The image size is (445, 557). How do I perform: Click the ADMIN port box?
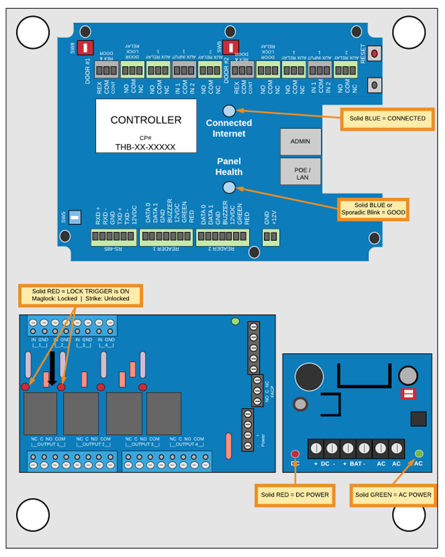point(300,142)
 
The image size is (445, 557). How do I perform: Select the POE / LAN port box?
point(300,172)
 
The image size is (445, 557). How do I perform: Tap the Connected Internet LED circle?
point(229,111)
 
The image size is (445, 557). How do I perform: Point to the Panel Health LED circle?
point(229,189)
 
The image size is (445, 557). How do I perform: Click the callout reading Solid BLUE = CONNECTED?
point(387,118)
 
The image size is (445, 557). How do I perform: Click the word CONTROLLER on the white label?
point(146,120)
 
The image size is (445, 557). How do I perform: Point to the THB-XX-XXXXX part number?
point(146,146)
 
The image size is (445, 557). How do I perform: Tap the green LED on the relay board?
point(235,322)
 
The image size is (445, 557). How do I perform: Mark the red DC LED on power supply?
point(295,454)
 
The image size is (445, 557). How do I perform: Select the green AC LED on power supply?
point(419,454)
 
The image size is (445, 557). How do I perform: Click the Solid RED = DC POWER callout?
point(295,495)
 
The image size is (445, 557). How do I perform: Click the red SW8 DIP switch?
point(86,48)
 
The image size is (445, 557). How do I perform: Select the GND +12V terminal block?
point(270,236)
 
